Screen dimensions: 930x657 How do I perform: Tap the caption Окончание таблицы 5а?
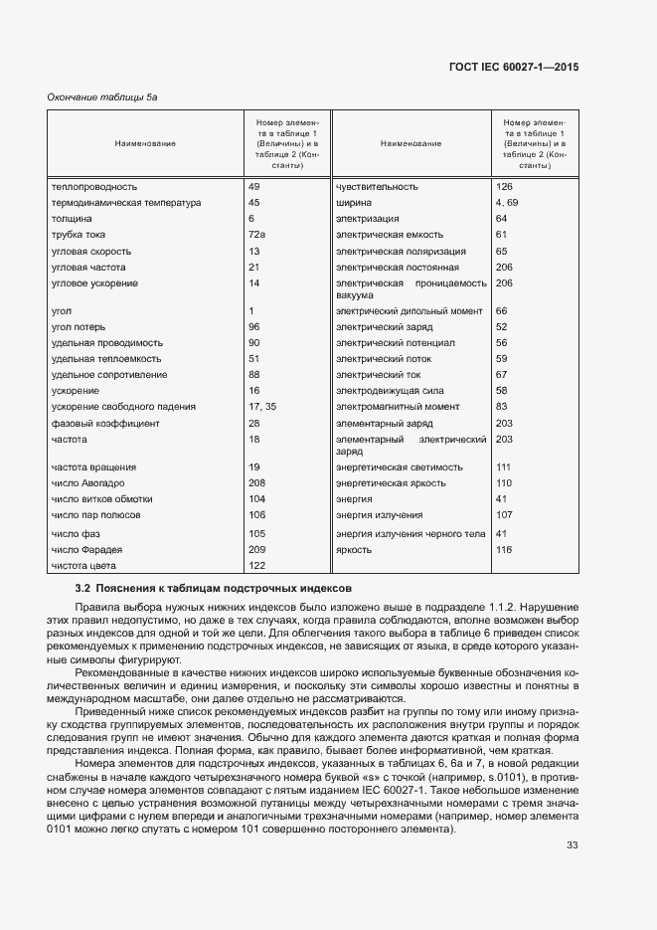pos(102,96)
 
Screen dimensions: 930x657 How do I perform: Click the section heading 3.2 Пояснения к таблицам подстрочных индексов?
pos(207,589)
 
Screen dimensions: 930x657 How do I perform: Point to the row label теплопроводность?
pos(94,187)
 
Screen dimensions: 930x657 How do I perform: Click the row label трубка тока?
pos(79,234)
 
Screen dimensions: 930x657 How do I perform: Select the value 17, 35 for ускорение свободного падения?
pos(262,407)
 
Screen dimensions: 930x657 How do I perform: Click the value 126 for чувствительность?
pos(504,187)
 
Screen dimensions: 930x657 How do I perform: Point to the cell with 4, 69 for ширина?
pos(507,203)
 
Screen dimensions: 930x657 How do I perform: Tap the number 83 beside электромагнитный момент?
pos(501,407)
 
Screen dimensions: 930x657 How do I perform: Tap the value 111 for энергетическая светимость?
pos(502,466)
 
